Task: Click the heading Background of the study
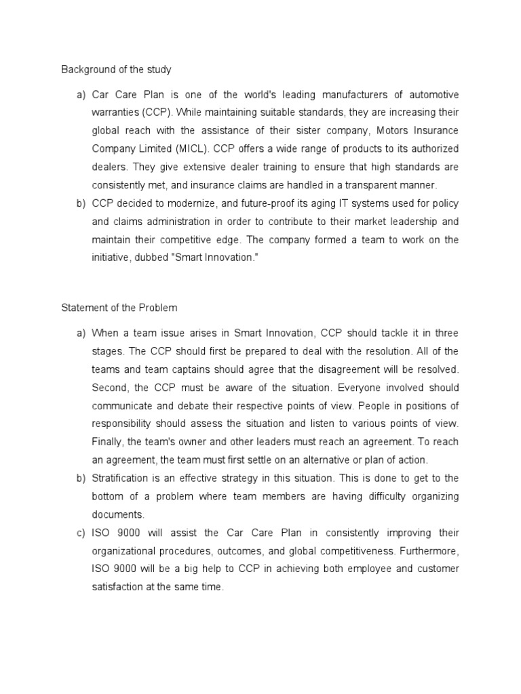(x=116, y=69)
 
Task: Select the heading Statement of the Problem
(x=119, y=308)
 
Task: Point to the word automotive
(x=427, y=94)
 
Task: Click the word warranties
(x=116, y=112)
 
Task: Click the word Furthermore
(x=426, y=551)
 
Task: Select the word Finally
(x=108, y=442)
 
